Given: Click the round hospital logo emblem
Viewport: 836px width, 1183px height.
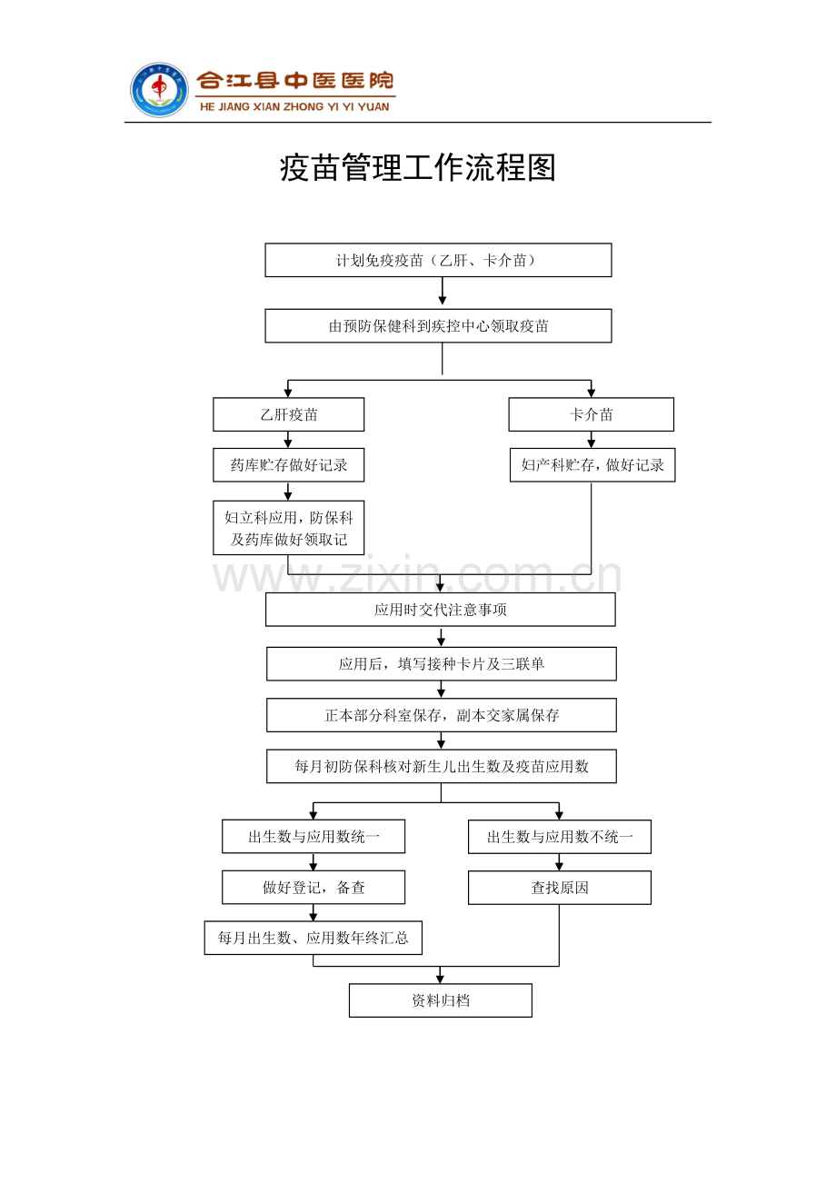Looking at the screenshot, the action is (x=159, y=90).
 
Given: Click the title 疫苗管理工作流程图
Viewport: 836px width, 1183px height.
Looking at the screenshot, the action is (x=418, y=168).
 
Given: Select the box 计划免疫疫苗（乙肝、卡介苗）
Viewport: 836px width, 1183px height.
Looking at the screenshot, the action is (x=438, y=260).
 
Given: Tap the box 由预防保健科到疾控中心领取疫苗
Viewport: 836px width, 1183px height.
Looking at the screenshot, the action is (x=438, y=326).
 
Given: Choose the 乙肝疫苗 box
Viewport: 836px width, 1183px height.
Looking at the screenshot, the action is (x=288, y=414).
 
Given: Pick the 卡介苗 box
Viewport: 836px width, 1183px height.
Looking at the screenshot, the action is (x=591, y=414).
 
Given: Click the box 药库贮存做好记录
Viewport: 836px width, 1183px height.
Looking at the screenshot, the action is (x=288, y=465).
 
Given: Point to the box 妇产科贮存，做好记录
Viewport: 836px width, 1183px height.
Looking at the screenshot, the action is (x=592, y=465).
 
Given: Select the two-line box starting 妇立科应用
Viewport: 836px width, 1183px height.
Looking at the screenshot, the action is (x=288, y=528).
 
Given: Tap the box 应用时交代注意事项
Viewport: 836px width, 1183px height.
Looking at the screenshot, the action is (x=441, y=610).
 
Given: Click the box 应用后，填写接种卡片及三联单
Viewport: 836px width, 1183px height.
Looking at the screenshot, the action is (x=442, y=664).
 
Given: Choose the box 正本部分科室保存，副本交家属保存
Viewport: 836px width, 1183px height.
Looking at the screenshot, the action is (x=442, y=715).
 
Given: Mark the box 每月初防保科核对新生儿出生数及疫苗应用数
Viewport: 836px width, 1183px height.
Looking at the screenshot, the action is (x=442, y=766).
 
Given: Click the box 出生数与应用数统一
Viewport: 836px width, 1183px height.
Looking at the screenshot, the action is (x=313, y=837).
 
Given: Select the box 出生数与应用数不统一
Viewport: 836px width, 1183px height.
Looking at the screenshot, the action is (x=560, y=837).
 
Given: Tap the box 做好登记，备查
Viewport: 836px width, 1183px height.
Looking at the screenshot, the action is (x=313, y=887).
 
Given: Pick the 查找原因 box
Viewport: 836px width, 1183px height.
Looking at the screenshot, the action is (x=560, y=888).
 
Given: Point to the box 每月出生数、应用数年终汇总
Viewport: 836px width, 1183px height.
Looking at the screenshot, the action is (x=313, y=938).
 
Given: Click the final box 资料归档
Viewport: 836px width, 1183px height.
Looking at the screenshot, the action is (x=441, y=1000).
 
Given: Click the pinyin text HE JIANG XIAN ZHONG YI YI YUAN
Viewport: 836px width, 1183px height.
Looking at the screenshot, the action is (x=294, y=106).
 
